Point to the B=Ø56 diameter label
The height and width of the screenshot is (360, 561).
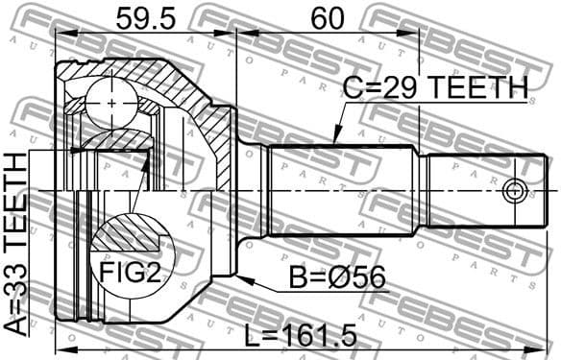(x=337, y=279)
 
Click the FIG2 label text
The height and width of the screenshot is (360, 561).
(x=131, y=272)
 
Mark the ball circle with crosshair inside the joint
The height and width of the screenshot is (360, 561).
(x=112, y=103)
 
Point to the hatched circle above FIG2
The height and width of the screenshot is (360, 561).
(x=126, y=234)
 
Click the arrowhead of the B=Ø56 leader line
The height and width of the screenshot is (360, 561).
(x=240, y=279)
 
